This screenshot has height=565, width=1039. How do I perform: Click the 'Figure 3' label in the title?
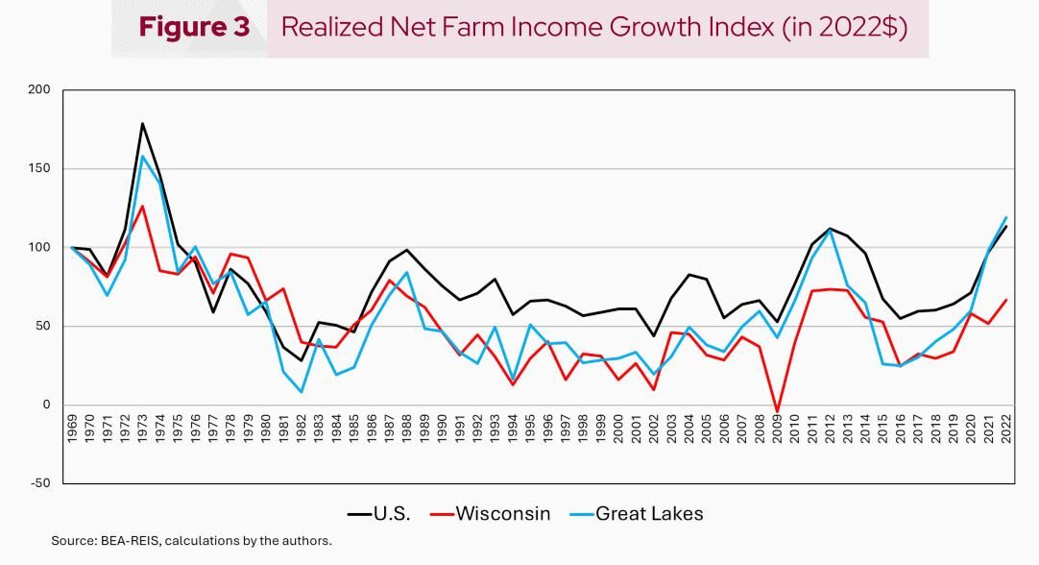click(194, 27)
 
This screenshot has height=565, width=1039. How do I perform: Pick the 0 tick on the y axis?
click(44, 405)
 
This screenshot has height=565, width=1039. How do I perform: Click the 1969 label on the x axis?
click(73, 431)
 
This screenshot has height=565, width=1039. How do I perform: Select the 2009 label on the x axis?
click(778, 431)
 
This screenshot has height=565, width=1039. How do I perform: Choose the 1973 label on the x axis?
click(143, 431)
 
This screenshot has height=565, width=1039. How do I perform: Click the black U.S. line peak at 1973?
click(143, 124)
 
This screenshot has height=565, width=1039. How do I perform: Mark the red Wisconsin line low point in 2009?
click(778, 412)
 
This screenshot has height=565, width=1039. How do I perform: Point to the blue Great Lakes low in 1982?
click(302, 392)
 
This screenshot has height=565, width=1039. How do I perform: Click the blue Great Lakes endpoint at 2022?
click(1006, 217)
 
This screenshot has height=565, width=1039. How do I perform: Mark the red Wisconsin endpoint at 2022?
click(1006, 299)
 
